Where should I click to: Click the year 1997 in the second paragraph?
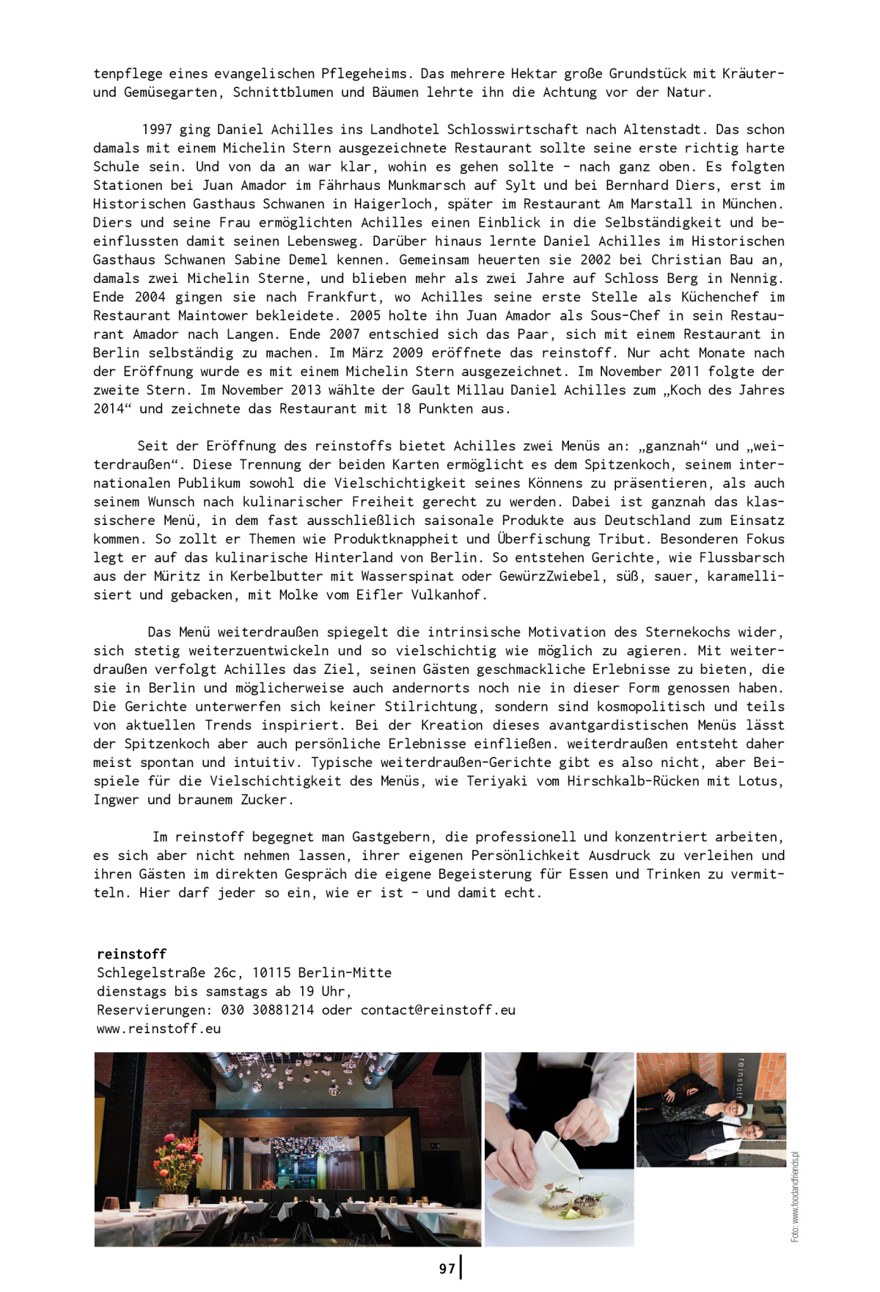click(156, 129)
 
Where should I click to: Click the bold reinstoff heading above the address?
click(132, 954)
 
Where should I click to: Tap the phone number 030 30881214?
click(268, 1010)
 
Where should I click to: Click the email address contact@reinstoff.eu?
click(438, 1010)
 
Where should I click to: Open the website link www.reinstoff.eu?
click(158, 1029)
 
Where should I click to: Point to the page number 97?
click(447, 1269)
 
